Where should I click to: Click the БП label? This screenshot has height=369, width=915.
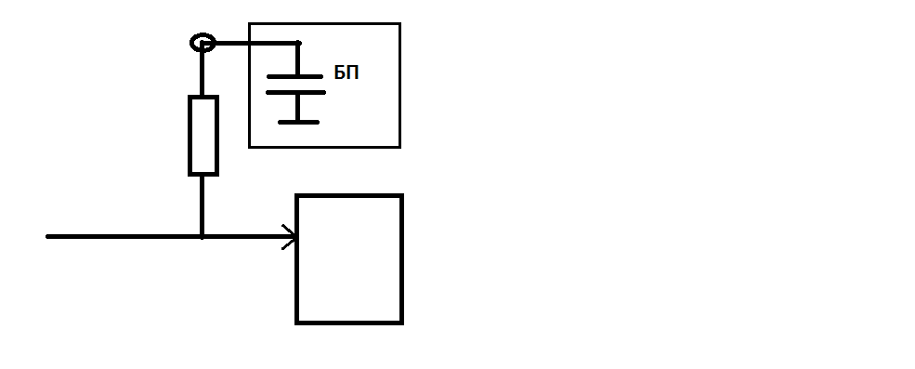pos(346,74)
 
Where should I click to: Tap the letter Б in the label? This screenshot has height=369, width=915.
pos(340,74)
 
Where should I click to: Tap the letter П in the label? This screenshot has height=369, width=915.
pos(353,74)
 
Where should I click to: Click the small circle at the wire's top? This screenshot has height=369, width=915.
pos(202,43)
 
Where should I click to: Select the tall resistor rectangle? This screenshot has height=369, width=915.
pos(203,135)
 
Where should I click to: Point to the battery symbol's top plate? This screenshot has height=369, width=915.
pos(297,75)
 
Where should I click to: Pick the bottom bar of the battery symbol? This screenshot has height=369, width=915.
pos(298,121)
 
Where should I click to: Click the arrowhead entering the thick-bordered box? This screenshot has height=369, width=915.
pos(291,237)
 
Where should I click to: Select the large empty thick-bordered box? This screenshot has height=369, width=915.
pos(349,258)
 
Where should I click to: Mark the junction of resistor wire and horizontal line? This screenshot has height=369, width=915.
pos(202,237)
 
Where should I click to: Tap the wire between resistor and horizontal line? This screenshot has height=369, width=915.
pos(202,204)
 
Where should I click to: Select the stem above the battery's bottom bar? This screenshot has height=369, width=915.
pos(297,107)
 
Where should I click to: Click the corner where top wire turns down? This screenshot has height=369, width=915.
pos(298,43)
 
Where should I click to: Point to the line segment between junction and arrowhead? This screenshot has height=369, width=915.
pos(246,237)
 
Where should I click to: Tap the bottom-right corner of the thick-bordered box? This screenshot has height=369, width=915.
pos(401,322)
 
